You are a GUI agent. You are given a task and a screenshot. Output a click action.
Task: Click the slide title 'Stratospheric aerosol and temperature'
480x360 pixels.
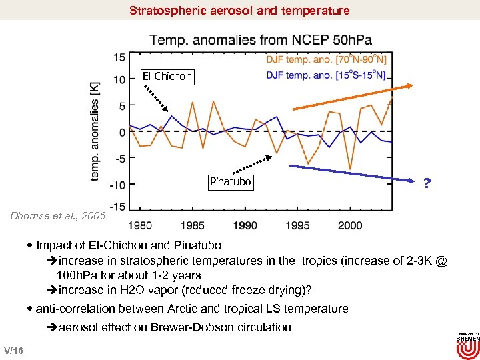[239, 11]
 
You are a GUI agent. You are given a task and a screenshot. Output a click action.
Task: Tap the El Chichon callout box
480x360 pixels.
[167, 77]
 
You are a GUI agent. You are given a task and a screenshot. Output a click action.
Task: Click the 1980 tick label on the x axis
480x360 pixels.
[139, 225]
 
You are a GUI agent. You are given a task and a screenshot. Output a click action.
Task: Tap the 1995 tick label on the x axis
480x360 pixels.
[298, 225]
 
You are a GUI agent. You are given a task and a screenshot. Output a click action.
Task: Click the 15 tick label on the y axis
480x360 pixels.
[119, 57]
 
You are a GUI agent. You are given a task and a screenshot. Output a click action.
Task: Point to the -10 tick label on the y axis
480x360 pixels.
[116, 185]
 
